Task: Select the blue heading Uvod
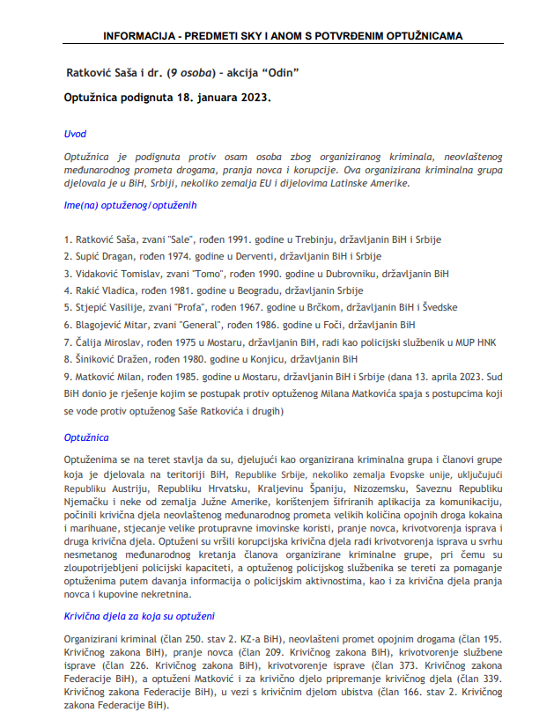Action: tap(75, 134)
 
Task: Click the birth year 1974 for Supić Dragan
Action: tap(171, 256)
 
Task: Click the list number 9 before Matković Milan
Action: tap(68, 376)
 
